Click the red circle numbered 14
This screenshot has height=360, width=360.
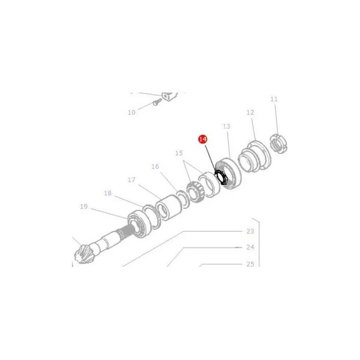click(x=203, y=139)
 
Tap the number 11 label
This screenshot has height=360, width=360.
click(x=274, y=99)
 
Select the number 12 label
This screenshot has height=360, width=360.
click(x=250, y=113)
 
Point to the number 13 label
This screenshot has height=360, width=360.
click(x=226, y=126)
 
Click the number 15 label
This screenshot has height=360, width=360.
click(x=179, y=153)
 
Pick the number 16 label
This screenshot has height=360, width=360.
click(x=155, y=166)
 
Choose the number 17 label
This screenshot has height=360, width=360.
click(x=131, y=180)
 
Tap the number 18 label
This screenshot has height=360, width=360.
click(x=107, y=193)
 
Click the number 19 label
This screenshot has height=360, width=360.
click(x=84, y=207)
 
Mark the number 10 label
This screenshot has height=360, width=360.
click(x=132, y=113)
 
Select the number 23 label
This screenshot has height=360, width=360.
click(x=250, y=231)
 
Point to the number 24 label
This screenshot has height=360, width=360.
click(x=250, y=247)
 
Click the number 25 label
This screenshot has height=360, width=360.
click(x=250, y=264)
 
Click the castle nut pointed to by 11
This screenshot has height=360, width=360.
click(x=278, y=144)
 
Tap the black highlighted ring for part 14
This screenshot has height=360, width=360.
click(x=221, y=177)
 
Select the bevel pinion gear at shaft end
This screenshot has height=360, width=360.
click(x=84, y=255)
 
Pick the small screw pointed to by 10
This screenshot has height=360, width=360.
click(x=157, y=102)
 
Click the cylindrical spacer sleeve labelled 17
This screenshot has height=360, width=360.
click(x=169, y=208)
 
